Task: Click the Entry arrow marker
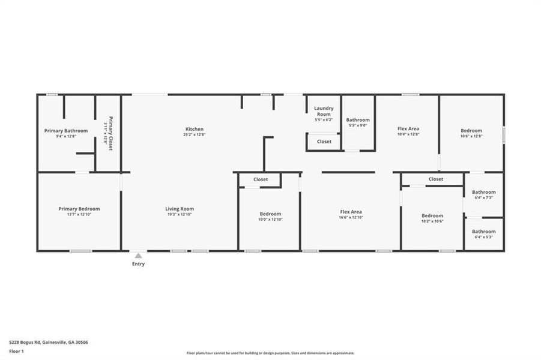click(138, 256)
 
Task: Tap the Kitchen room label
click(195, 129)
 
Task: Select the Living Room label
click(180, 209)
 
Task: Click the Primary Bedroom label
click(79, 209)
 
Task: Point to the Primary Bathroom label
click(66, 131)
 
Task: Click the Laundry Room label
click(323, 112)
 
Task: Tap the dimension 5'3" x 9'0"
click(358, 125)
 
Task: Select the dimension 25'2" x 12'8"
click(195, 135)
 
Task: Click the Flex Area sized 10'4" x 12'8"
click(408, 129)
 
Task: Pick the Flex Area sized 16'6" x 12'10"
click(351, 212)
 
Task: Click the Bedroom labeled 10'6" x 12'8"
click(471, 131)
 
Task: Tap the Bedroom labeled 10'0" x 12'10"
click(270, 214)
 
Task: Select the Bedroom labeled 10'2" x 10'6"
click(432, 216)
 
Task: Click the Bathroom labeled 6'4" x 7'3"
click(484, 193)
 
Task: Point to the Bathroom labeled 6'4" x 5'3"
click(484, 232)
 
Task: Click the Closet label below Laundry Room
click(324, 142)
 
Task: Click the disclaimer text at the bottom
click(270, 353)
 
